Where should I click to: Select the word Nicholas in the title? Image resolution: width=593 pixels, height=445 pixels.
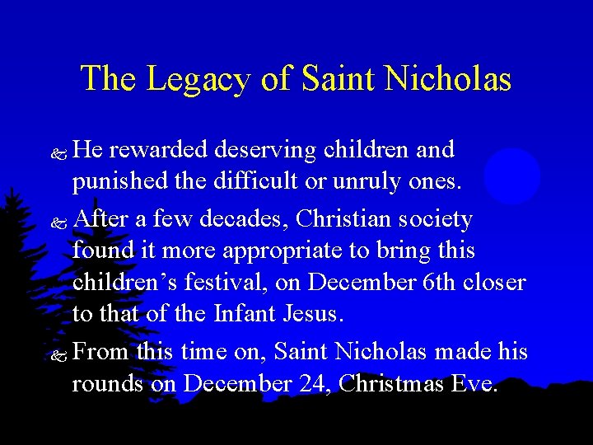point(449,79)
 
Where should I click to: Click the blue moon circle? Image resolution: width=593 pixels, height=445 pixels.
point(511,176)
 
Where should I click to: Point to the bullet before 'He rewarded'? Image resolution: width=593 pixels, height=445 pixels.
point(58,152)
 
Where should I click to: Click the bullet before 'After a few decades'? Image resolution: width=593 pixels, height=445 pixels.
point(58,222)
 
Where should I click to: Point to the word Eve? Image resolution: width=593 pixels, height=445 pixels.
point(475,384)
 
